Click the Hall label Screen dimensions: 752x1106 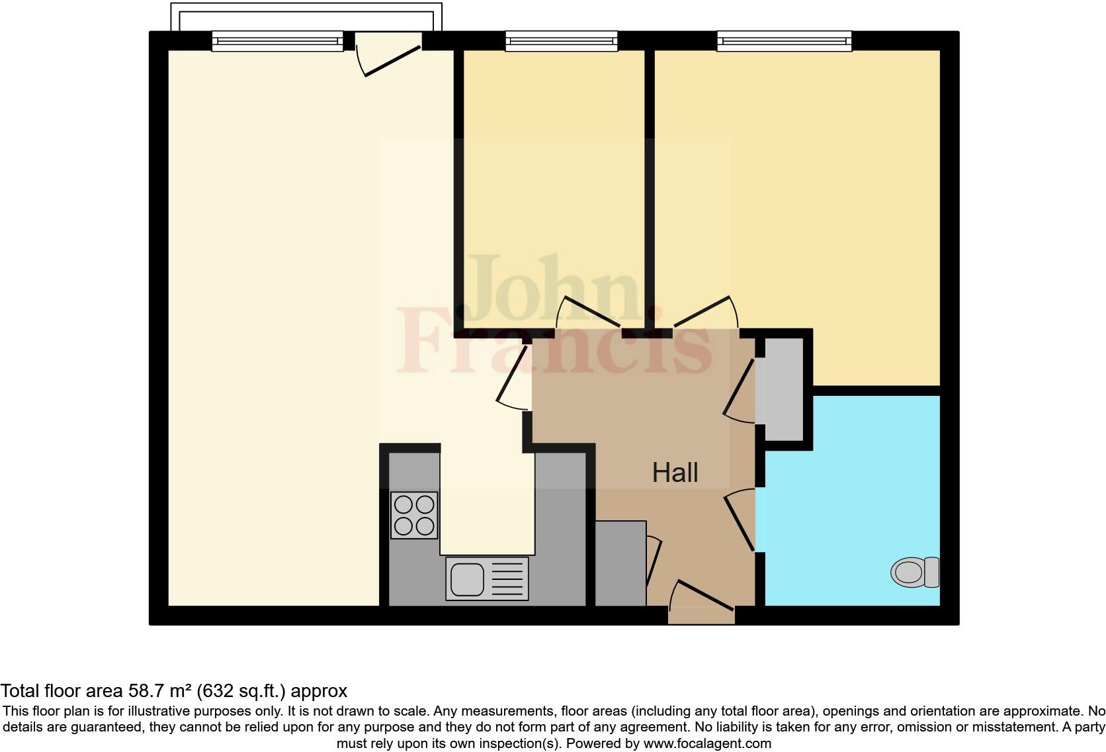(x=675, y=473)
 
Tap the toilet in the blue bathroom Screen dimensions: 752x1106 (x=915, y=572)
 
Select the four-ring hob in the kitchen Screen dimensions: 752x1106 (x=414, y=515)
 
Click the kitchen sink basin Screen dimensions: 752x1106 (x=467, y=579)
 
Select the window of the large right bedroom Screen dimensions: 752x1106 (x=784, y=42)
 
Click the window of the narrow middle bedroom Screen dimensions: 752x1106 (x=561, y=42)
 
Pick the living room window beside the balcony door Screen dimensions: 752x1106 (x=278, y=42)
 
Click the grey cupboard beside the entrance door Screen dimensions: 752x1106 (x=620, y=563)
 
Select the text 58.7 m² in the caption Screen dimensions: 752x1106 (x=158, y=692)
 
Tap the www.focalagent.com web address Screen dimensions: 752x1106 (x=707, y=743)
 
